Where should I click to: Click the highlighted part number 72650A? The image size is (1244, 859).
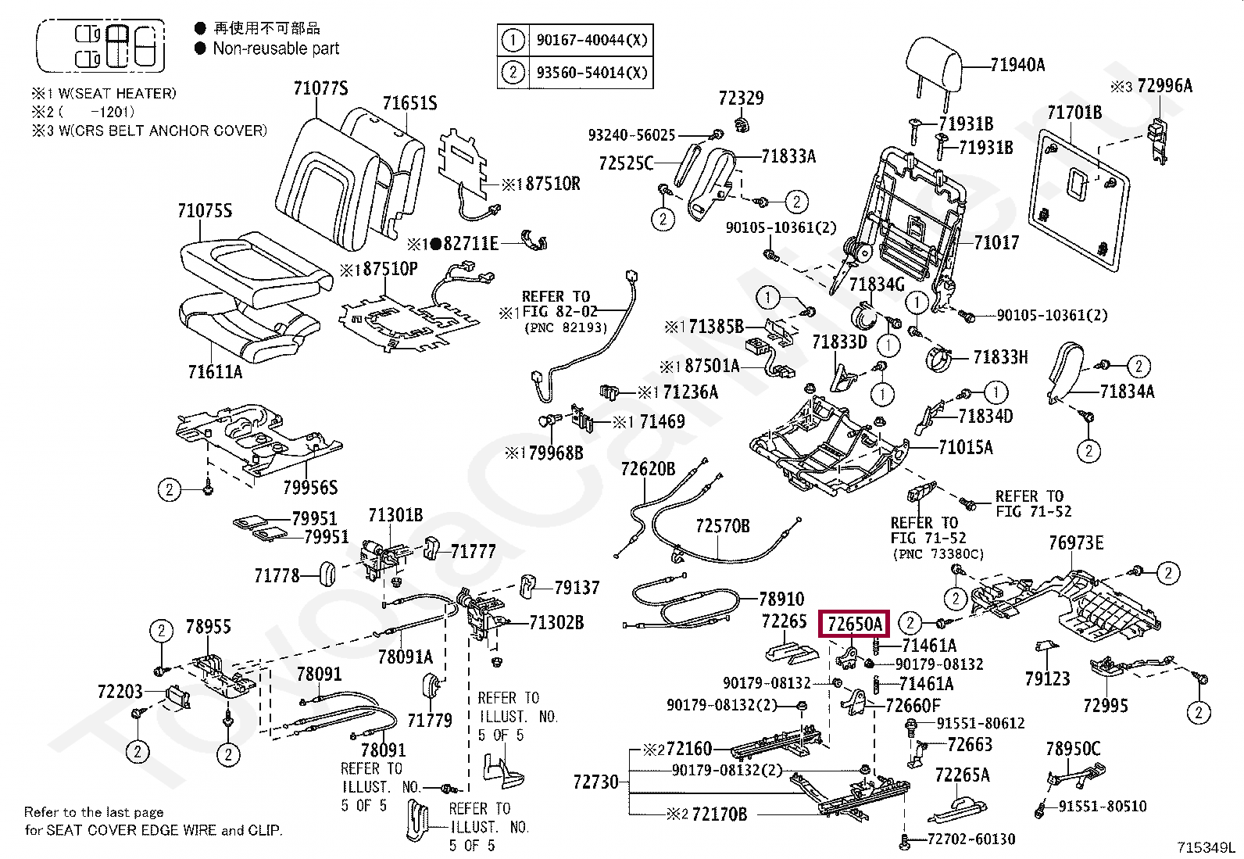854,624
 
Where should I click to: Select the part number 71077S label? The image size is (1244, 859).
320,88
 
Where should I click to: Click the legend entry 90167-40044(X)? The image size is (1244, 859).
591,40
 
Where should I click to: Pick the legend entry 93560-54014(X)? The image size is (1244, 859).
591,73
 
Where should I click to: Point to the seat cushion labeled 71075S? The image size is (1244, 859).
248,262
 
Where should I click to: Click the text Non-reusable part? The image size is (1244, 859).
276,48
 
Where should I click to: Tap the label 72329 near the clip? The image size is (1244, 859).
741,98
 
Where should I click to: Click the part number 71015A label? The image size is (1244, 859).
965,448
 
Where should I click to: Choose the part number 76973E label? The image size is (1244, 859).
1076,542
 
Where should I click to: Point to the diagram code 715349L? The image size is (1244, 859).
1206,847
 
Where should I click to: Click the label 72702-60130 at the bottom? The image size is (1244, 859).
971,839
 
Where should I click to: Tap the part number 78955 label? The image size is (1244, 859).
208,627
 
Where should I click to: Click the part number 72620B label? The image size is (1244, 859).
648,469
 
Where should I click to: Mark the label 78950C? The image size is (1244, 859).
1072,749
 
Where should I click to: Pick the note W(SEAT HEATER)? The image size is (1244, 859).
117,94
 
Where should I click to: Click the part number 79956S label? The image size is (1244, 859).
310,488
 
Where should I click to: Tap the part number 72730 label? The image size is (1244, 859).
595,782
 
